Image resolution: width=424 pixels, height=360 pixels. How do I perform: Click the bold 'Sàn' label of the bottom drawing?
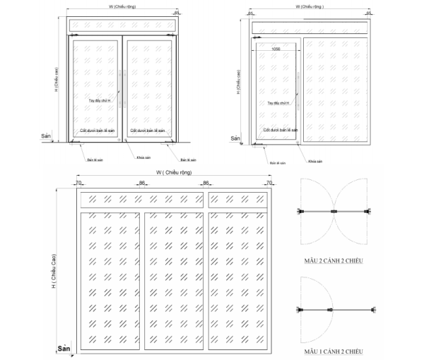coord(64,349)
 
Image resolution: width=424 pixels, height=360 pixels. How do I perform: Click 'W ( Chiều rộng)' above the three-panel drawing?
coord(172,173)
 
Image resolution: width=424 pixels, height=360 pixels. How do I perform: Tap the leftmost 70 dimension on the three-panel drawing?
coord(78,184)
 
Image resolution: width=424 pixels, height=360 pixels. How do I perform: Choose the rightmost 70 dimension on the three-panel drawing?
coord(269,184)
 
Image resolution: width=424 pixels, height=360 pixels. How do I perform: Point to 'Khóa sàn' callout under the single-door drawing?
coord(315,161)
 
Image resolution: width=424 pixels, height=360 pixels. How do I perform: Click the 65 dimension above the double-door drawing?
coord(177,13)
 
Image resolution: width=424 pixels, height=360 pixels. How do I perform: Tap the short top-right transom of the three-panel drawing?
coord(238,200)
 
